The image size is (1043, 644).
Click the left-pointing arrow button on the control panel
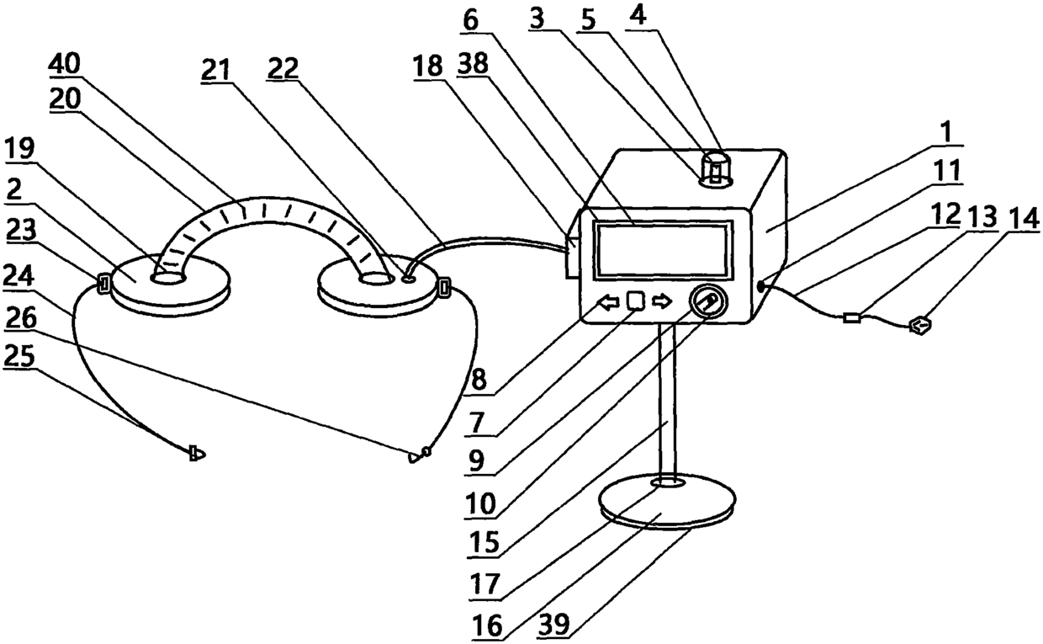click(611, 303)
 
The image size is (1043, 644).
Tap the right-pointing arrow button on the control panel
click(662, 302)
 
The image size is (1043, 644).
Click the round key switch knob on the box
click(705, 300)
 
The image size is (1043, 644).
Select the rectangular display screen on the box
click(661, 250)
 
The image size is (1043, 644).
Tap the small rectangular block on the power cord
click(853, 317)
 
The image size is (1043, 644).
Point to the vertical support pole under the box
click(670, 404)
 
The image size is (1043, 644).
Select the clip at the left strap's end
click(196, 455)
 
